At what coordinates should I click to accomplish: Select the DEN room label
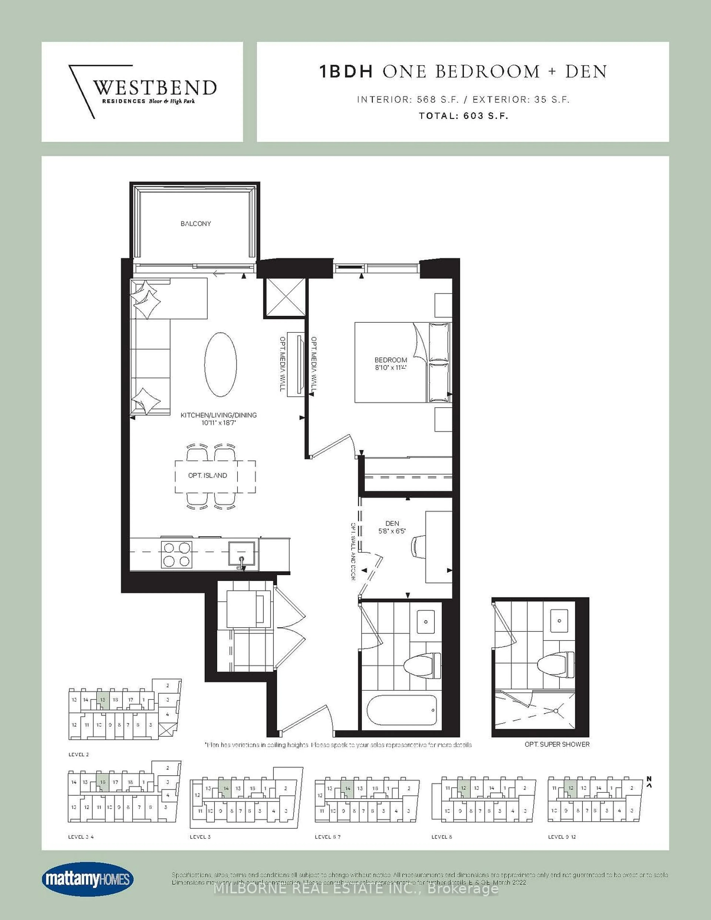point(392,523)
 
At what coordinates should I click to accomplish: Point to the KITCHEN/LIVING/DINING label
point(219,415)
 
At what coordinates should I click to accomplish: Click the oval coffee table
point(220,365)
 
